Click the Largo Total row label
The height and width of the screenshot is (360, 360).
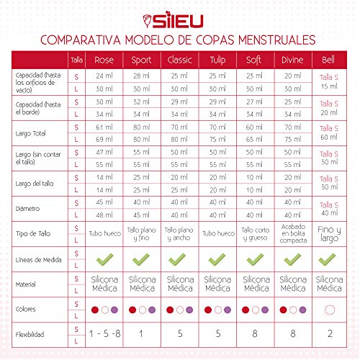tap(31, 132)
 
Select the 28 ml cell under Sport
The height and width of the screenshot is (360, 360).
tap(141, 75)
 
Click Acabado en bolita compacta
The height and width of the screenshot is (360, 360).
tap(292, 234)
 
